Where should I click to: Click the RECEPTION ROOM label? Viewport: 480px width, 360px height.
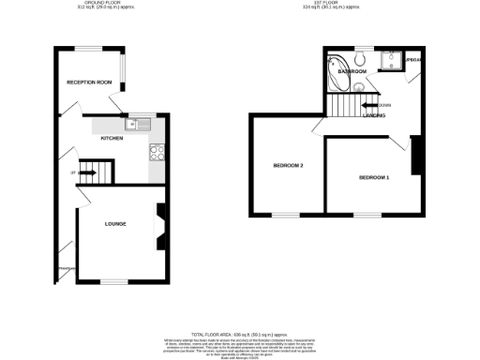click(x=89, y=82)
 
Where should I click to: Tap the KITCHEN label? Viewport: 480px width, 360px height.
click(x=114, y=138)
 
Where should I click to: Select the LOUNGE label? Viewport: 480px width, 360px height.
click(x=115, y=223)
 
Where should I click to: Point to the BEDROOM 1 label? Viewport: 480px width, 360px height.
click(x=374, y=176)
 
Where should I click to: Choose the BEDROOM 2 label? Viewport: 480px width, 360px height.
click(x=288, y=166)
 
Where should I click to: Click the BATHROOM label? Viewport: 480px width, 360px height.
click(x=352, y=71)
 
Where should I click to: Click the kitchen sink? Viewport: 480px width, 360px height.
click(x=142, y=123)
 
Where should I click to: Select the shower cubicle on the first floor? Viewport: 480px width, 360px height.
click(x=391, y=61)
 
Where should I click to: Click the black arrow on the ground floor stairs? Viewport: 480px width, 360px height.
click(x=87, y=172)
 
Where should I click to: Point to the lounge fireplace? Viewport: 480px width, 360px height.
click(x=159, y=225)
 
